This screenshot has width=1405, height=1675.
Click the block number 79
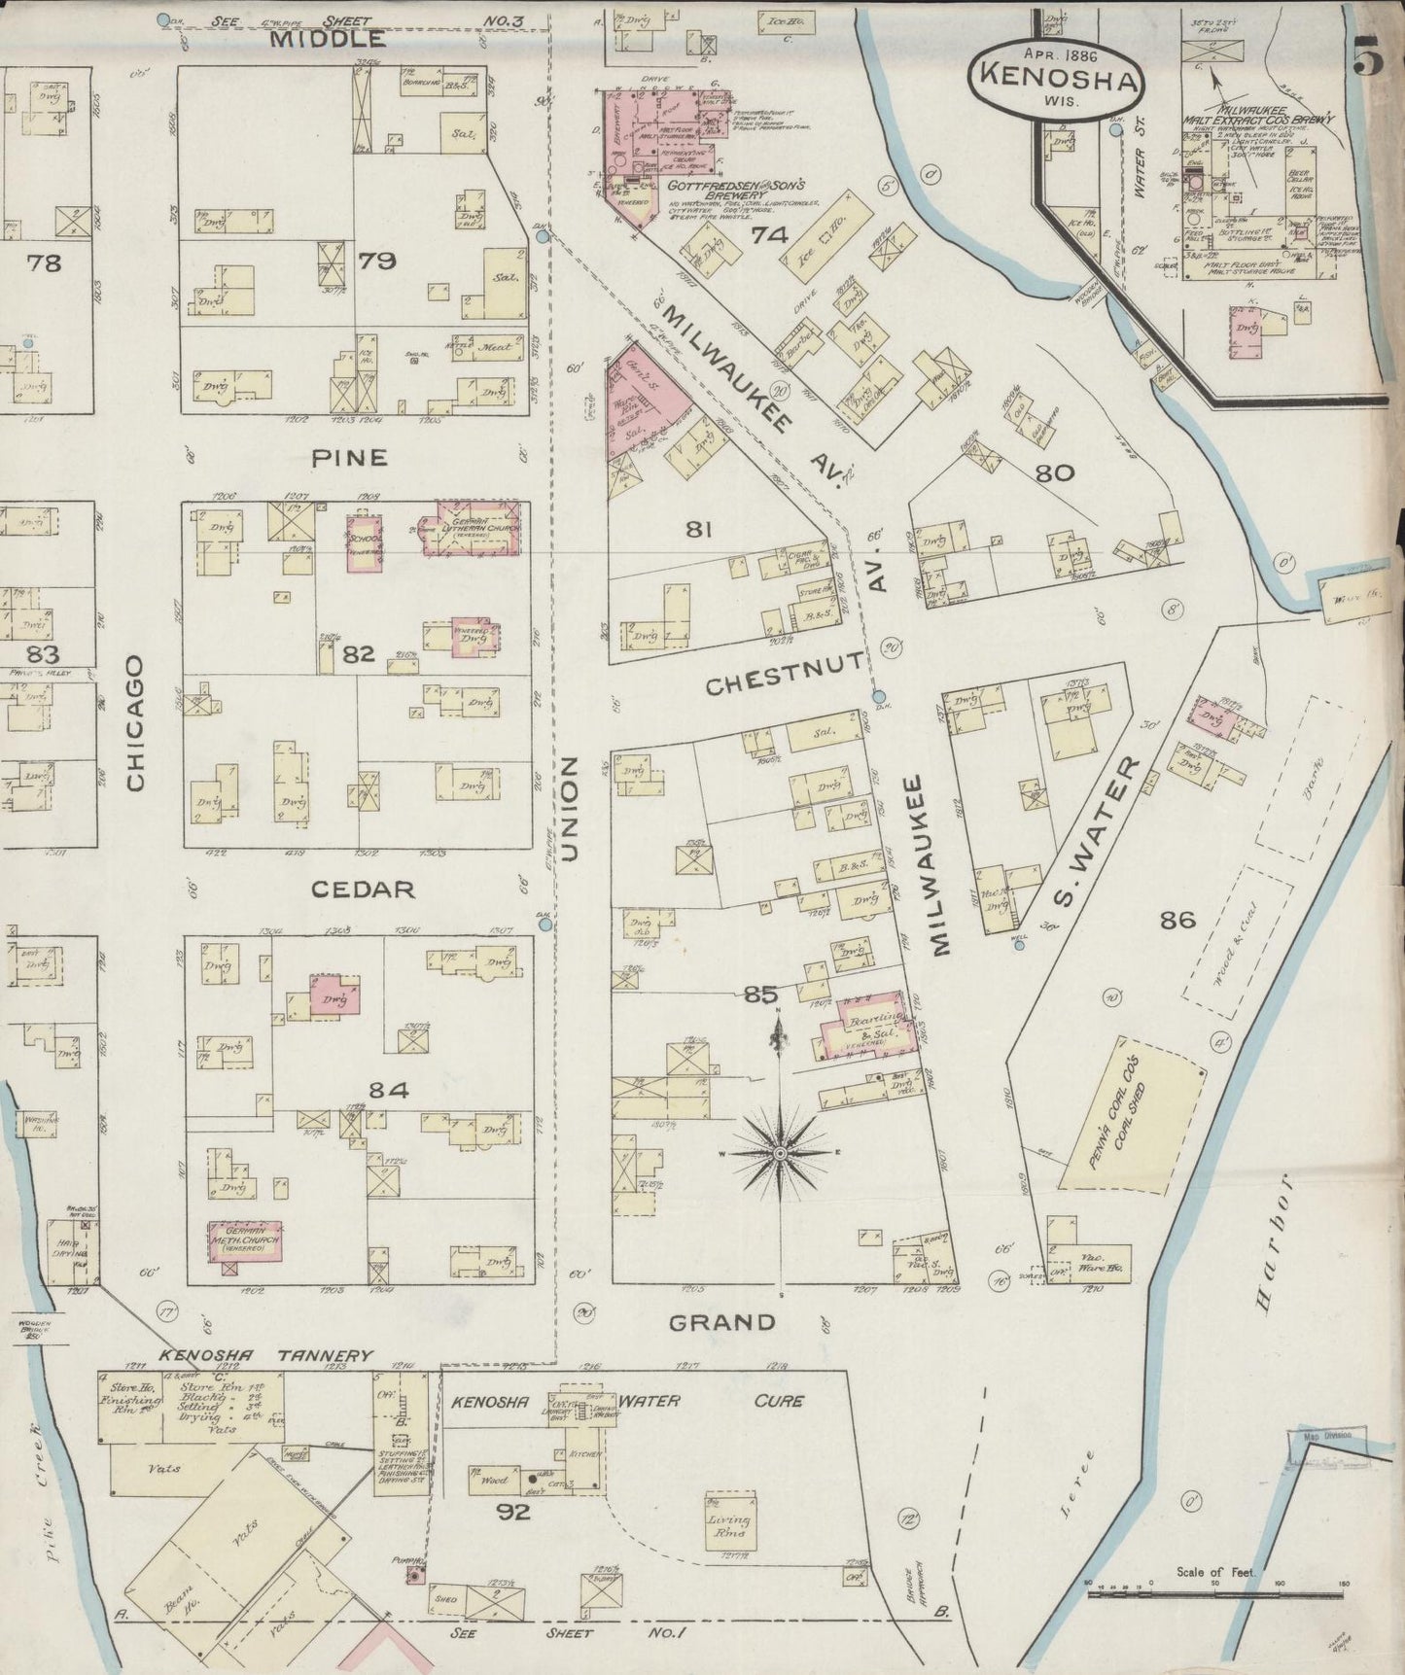tap(374, 262)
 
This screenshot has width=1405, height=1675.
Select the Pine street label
tap(350, 457)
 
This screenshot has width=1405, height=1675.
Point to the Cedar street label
tap(365, 889)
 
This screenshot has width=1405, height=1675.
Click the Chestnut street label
tap(784, 684)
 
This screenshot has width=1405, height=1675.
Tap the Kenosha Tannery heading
tap(266, 1355)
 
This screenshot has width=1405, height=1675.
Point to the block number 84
tap(389, 1090)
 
